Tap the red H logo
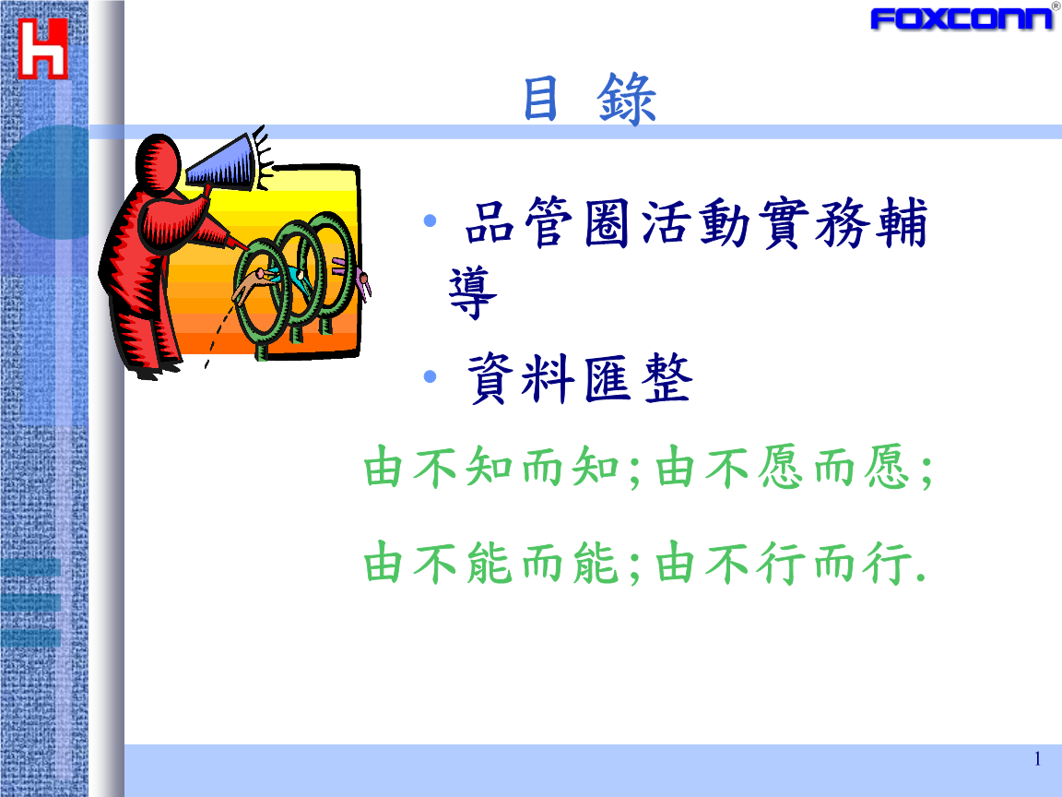coord(43,48)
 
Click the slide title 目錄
coord(589,100)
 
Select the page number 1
coord(1037,759)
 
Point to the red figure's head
coord(159,163)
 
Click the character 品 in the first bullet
coord(490,227)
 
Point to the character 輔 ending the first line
coord(901,227)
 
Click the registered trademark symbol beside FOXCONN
coord(1056,6)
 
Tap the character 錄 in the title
coord(628,100)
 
